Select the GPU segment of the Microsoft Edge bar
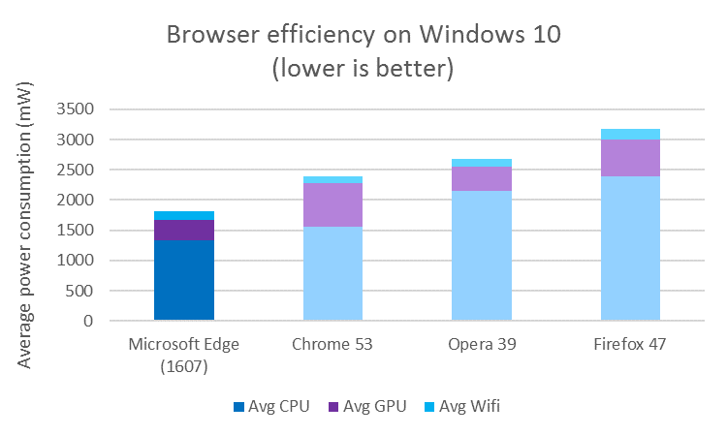184,230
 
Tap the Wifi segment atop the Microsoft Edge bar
184,215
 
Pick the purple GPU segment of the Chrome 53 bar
332,204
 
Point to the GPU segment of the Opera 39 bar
482,178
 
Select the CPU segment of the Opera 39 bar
482,256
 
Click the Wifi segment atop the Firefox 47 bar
630,134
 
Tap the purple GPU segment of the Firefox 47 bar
630,158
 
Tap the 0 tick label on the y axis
87,321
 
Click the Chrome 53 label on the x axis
332,346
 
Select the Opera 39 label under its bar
482,346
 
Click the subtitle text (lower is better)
363,70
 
